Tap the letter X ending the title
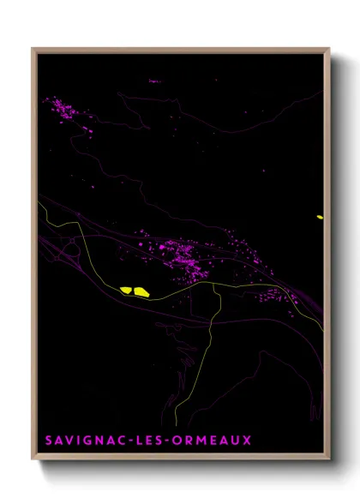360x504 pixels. coord(247,441)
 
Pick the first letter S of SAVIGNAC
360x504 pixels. coord(47,441)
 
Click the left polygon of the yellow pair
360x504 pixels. coord(125,290)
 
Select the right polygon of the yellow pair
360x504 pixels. coord(140,291)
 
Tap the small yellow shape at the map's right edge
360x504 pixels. coord(320,217)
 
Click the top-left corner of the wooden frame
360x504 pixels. coord(33,49)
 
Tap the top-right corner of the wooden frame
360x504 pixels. coord(329,49)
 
